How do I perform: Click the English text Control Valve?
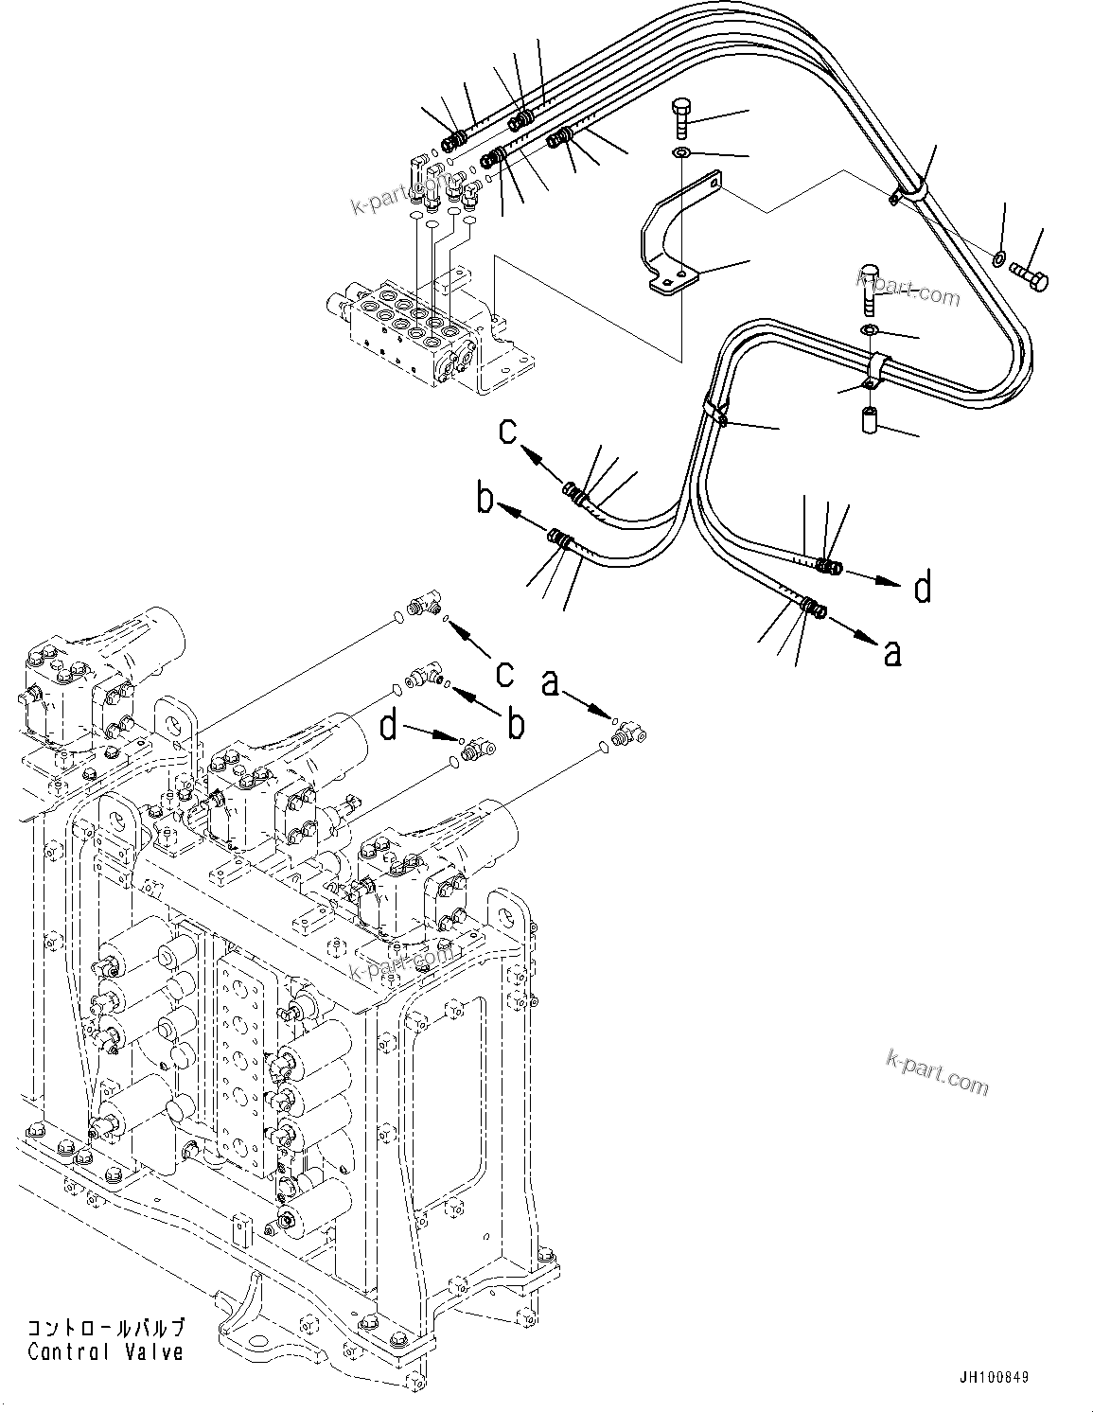click(105, 1352)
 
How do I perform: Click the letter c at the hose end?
click(509, 432)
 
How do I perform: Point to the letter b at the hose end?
click(485, 499)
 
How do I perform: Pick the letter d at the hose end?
click(922, 587)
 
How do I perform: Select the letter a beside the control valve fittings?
click(551, 680)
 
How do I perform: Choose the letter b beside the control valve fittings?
click(515, 724)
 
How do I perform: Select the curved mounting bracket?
click(674, 237)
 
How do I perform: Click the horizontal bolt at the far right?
click(1032, 276)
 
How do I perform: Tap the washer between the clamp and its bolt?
click(868, 328)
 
